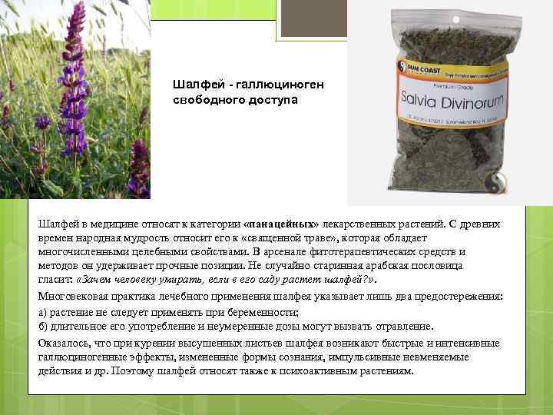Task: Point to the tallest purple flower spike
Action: pos(75,69)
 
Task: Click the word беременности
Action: pos(256,312)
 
